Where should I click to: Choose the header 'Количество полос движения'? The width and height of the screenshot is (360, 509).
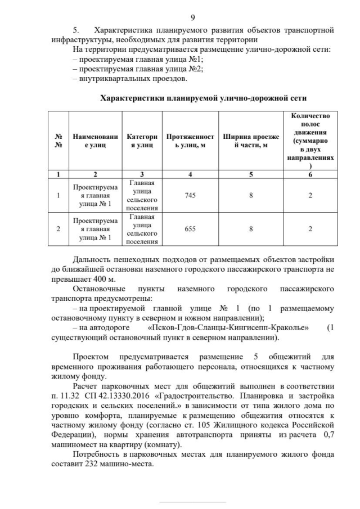(310, 141)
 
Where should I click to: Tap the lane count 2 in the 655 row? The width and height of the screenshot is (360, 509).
(310, 229)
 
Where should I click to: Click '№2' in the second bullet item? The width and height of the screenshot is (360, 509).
(196, 69)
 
